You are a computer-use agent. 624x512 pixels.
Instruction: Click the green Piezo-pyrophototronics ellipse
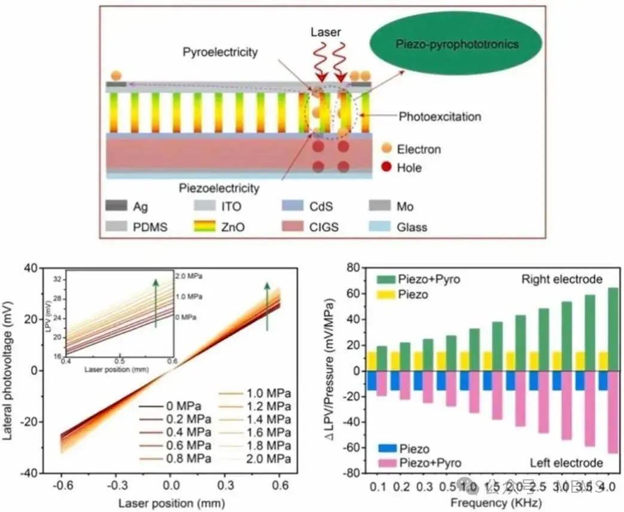[x=456, y=44]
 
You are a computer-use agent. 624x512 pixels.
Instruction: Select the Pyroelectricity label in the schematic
[x=220, y=52]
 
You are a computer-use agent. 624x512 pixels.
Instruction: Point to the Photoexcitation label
[x=439, y=116]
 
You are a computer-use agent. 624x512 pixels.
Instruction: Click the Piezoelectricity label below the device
[x=219, y=188]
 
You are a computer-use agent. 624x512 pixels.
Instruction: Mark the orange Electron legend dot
[x=386, y=149]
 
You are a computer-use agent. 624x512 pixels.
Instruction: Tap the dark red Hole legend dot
[x=386, y=167]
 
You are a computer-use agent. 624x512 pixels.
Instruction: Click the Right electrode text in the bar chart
[x=562, y=279]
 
